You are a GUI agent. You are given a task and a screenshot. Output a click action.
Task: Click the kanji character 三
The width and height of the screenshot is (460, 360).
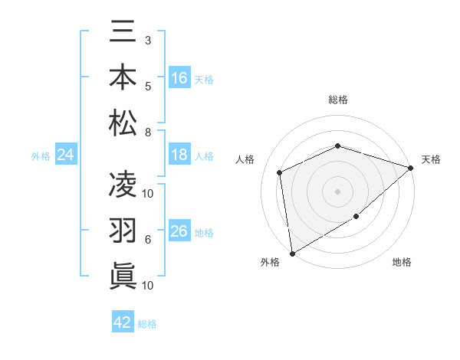123,34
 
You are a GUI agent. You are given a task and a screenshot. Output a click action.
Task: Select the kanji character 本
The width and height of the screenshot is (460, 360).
123,78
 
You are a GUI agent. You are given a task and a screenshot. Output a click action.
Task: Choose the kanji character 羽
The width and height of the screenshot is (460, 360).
123,230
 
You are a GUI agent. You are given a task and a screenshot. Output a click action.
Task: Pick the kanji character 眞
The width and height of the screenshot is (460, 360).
123,274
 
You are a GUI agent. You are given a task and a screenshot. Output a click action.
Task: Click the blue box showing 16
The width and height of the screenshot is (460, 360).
179,77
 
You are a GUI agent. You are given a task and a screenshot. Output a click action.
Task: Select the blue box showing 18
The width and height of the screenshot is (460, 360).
179,155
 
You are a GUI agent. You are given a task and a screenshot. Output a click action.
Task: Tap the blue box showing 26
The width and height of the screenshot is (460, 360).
179,231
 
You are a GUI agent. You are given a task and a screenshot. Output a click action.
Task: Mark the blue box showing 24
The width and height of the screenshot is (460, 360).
66,155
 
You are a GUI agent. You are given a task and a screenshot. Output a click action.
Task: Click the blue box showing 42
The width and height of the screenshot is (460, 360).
123,322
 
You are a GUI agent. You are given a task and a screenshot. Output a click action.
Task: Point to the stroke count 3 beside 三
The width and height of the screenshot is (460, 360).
147,39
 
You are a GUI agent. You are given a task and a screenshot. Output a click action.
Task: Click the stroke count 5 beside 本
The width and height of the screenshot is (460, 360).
147,86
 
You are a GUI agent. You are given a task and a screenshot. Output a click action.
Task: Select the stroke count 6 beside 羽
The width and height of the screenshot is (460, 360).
147,240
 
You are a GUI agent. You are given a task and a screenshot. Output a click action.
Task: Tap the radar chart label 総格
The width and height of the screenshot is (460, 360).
337,100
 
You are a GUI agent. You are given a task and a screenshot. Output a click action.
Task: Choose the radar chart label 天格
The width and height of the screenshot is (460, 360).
431,159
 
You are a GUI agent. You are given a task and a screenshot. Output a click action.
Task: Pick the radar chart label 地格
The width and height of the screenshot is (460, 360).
401,262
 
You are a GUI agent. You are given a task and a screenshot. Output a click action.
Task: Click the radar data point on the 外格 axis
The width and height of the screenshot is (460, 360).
292,253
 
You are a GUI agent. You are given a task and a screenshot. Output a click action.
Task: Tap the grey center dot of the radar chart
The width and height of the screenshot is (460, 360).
337,191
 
